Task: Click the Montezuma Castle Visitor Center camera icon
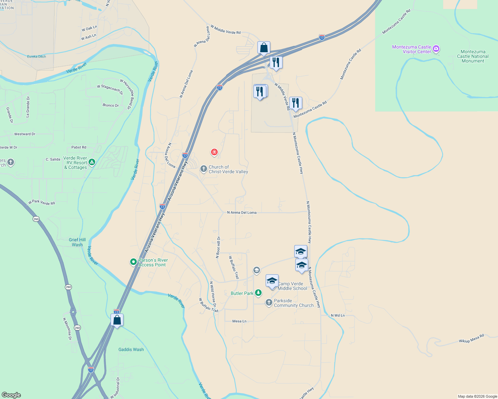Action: tap(436, 49)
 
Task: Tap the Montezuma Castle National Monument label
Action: tap(473, 56)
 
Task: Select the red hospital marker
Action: tap(214, 152)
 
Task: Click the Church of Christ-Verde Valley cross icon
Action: tap(203, 169)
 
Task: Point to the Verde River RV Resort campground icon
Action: tap(92, 162)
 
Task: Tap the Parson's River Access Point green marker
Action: tap(133, 262)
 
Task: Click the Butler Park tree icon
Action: tap(258, 293)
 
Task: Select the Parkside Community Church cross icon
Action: tap(269, 303)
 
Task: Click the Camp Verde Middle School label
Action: tap(292, 286)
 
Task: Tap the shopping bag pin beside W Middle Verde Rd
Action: tap(264, 48)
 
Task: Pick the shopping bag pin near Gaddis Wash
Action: tap(117, 320)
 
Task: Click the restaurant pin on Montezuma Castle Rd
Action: tap(295, 103)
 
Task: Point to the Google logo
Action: tap(11, 395)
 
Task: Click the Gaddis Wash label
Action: tap(131, 349)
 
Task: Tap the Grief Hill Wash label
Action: tap(77, 242)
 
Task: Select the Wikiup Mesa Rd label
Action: tap(471, 339)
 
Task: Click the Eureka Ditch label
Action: tap(37, 57)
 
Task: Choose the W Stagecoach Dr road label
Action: tap(110, 89)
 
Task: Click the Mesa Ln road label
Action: tap(239, 321)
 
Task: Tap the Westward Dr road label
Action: tap(25, 134)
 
